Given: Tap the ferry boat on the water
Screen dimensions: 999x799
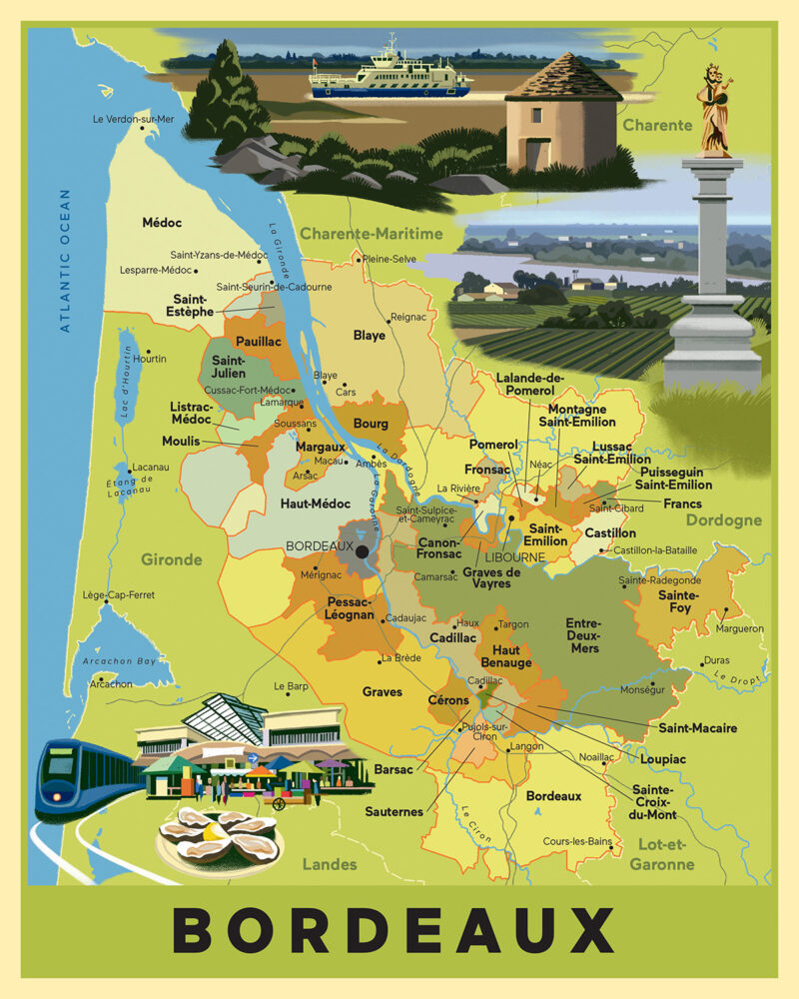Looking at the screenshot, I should (391, 76).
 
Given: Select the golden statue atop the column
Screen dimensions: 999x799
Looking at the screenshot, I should (715, 110).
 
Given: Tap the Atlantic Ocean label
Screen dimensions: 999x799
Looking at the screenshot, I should (66, 260).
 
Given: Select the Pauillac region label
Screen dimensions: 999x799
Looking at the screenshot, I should (259, 341).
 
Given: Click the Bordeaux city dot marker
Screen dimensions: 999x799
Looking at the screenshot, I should (362, 549).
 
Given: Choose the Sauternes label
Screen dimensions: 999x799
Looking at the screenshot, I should (394, 811).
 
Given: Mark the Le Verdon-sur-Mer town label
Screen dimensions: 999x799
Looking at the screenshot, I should (133, 119).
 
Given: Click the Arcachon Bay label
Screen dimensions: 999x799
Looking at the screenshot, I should (119, 661).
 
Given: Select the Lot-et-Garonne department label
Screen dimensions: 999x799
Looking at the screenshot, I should (665, 854).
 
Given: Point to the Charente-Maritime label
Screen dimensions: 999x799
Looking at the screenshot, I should (371, 234).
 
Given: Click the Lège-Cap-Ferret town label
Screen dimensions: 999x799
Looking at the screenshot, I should (119, 595).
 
